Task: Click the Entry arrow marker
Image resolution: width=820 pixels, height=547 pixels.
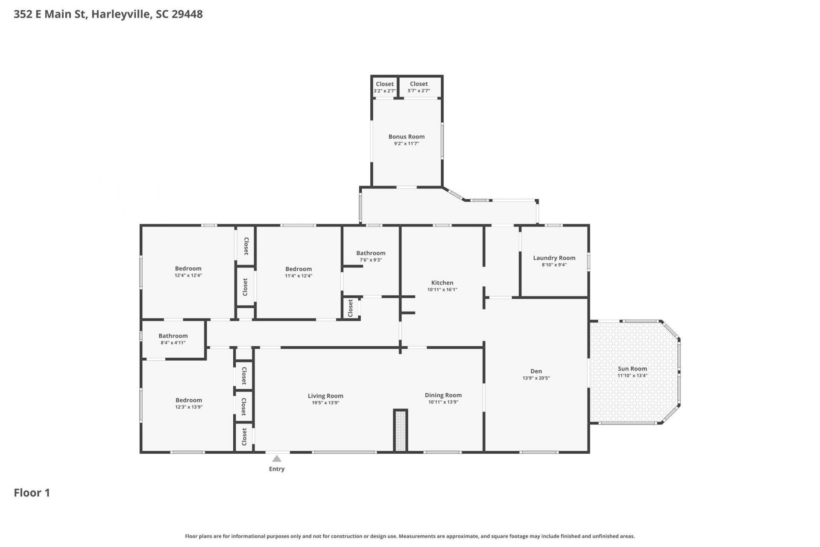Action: tap(277, 459)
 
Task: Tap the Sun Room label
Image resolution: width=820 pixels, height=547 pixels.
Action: tap(632, 369)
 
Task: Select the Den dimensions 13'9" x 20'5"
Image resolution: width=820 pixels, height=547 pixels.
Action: tap(536, 378)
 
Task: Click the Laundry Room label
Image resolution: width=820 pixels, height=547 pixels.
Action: tap(554, 258)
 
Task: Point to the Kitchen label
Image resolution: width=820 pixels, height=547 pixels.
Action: tap(442, 282)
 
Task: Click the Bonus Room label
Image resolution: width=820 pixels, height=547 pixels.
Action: tap(407, 137)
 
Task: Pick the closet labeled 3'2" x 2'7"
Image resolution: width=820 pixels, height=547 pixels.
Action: tap(385, 87)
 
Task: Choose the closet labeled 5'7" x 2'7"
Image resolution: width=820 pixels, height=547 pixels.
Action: tap(419, 87)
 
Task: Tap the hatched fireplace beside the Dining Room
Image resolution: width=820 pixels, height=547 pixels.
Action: tap(400, 430)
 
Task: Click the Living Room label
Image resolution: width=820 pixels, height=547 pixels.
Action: tap(325, 396)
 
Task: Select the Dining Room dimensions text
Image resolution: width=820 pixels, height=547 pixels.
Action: tap(443, 402)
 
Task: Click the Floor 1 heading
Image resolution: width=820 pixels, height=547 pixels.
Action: tap(32, 493)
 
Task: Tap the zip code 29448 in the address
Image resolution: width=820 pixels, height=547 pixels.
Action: tap(187, 14)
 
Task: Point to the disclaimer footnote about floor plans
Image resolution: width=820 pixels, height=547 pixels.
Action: tap(410, 536)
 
